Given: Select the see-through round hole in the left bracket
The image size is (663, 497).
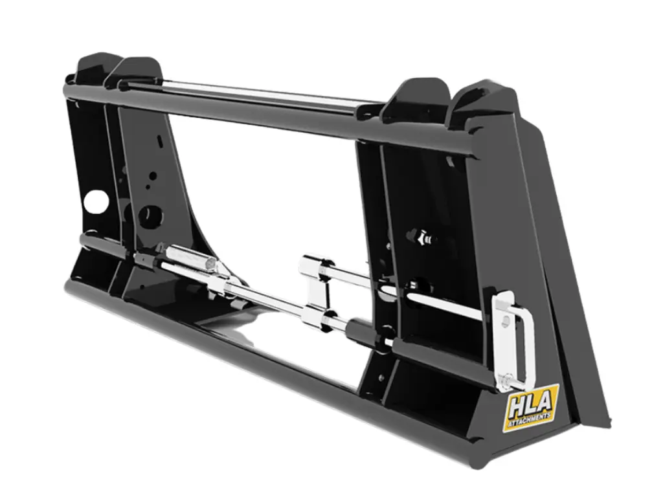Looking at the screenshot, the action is coord(94,203).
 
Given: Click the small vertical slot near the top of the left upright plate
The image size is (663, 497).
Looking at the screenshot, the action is coord(159,140).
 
